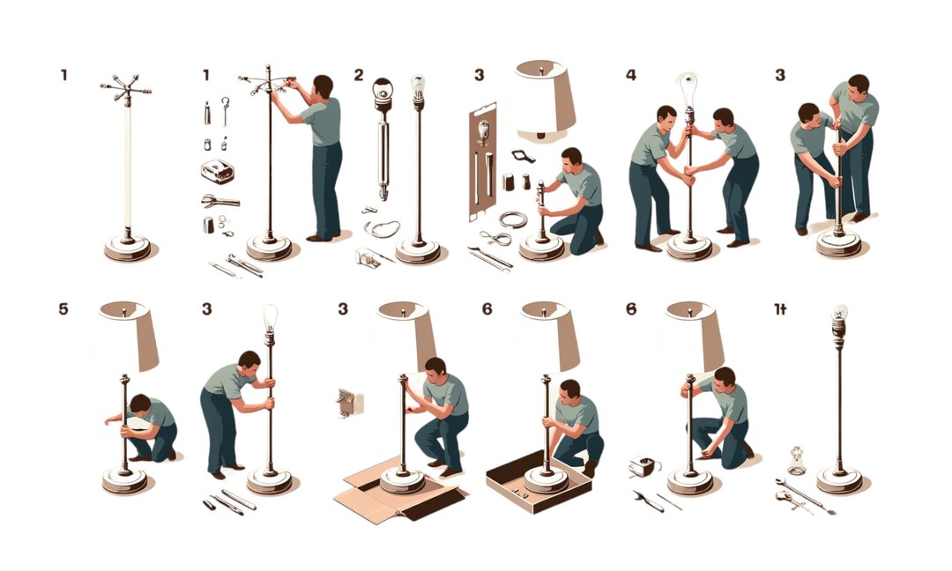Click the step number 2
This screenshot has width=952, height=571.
pyautogui.click(x=359, y=75)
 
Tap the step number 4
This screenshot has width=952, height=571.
pyautogui.click(x=630, y=75)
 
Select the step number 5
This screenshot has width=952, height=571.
pyautogui.click(x=63, y=309)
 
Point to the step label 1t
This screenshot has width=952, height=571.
pyautogui.click(x=780, y=309)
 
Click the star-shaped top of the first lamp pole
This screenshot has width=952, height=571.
pyautogui.click(x=125, y=89)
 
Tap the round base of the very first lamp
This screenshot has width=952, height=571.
pyautogui.click(x=127, y=248)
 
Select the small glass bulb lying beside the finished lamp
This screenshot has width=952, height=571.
pyautogui.click(x=797, y=459)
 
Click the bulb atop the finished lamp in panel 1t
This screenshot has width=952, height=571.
pyautogui.click(x=838, y=315)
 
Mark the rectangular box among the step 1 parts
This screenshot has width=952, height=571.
pyautogui.click(x=217, y=171)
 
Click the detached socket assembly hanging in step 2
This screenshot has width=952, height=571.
pyautogui.click(x=383, y=132)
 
